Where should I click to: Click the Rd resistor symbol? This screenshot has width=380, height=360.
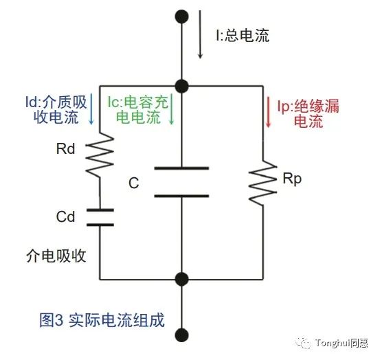pyautogui.click(x=100, y=155)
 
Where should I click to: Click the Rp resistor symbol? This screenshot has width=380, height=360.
pyautogui.click(x=263, y=183)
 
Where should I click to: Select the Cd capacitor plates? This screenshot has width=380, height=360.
pyautogui.click(x=100, y=217)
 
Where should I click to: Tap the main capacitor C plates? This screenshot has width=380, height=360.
pyautogui.click(x=181, y=181)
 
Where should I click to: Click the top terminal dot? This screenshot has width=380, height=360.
pyautogui.click(x=182, y=16)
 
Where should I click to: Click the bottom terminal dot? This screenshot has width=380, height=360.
pyautogui.click(x=182, y=335)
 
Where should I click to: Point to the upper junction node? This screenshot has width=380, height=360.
pyautogui.click(x=182, y=86)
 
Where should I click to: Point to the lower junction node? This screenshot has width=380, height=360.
pyautogui.click(x=182, y=280)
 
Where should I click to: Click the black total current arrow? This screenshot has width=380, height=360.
pyautogui.click(x=200, y=34)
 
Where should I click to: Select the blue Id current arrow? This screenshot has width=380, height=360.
pyautogui.click(x=91, y=109)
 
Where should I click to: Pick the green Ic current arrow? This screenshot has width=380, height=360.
pyautogui.click(x=171, y=109)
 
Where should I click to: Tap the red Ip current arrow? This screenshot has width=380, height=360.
pyautogui.click(x=268, y=112)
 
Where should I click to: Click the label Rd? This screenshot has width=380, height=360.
pyautogui.click(x=65, y=149)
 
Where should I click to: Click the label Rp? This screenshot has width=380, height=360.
pyautogui.click(x=292, y=179)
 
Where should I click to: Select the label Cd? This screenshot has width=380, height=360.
pyautogui.click(x=65, y=216)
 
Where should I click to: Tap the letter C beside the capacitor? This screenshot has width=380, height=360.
pyautogui.click(x=134, y=183)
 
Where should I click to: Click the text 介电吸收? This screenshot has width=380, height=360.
pyautogui.click(x=56, y=256)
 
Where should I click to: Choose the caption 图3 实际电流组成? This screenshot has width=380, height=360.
pyautogui.click(x=102, y=320)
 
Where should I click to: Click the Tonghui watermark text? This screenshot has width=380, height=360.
pyautogui.click(x=342, y=343)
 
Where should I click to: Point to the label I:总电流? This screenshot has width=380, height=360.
pyautogui.click(x=243, y=36)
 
